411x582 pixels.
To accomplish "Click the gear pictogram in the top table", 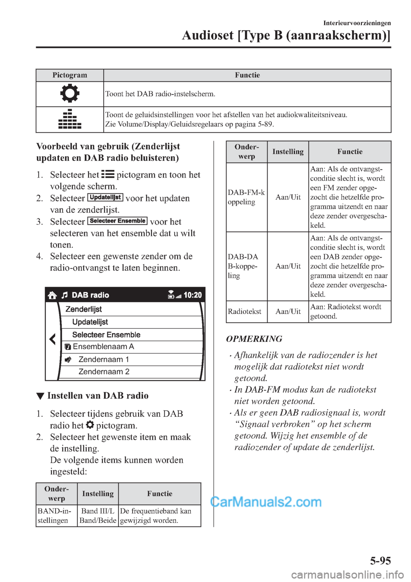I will pos(70,94).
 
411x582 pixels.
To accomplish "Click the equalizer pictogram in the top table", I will pos(70,119).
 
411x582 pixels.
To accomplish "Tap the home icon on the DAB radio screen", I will pos(52,295).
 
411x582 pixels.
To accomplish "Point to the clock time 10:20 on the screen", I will pos(193,295).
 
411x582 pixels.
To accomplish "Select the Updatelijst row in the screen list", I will pos(90,322).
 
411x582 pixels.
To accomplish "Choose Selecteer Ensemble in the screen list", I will pos(106,335).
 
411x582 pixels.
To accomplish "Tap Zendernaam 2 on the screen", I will pos(104,371).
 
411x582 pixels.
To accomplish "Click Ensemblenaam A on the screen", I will pos(103,347).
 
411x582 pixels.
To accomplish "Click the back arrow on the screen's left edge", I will pos(52,339).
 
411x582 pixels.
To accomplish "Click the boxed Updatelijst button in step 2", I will pos(105,198).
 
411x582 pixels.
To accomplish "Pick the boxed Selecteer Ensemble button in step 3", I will pos(117,221).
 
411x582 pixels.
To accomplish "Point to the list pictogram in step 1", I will pos(107,174).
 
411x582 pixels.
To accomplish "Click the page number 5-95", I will pos(380,561).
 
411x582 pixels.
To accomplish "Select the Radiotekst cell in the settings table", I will pos(244,312).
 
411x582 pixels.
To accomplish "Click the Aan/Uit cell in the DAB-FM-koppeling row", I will pos(288,197).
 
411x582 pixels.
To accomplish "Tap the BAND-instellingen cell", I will pos(54,516).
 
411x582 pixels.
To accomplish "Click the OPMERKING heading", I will pos(254,339).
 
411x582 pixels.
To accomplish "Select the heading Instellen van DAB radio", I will pos(98,395).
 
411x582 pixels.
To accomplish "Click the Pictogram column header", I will pos(70,75).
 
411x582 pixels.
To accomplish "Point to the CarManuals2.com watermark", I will pos(266,502).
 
